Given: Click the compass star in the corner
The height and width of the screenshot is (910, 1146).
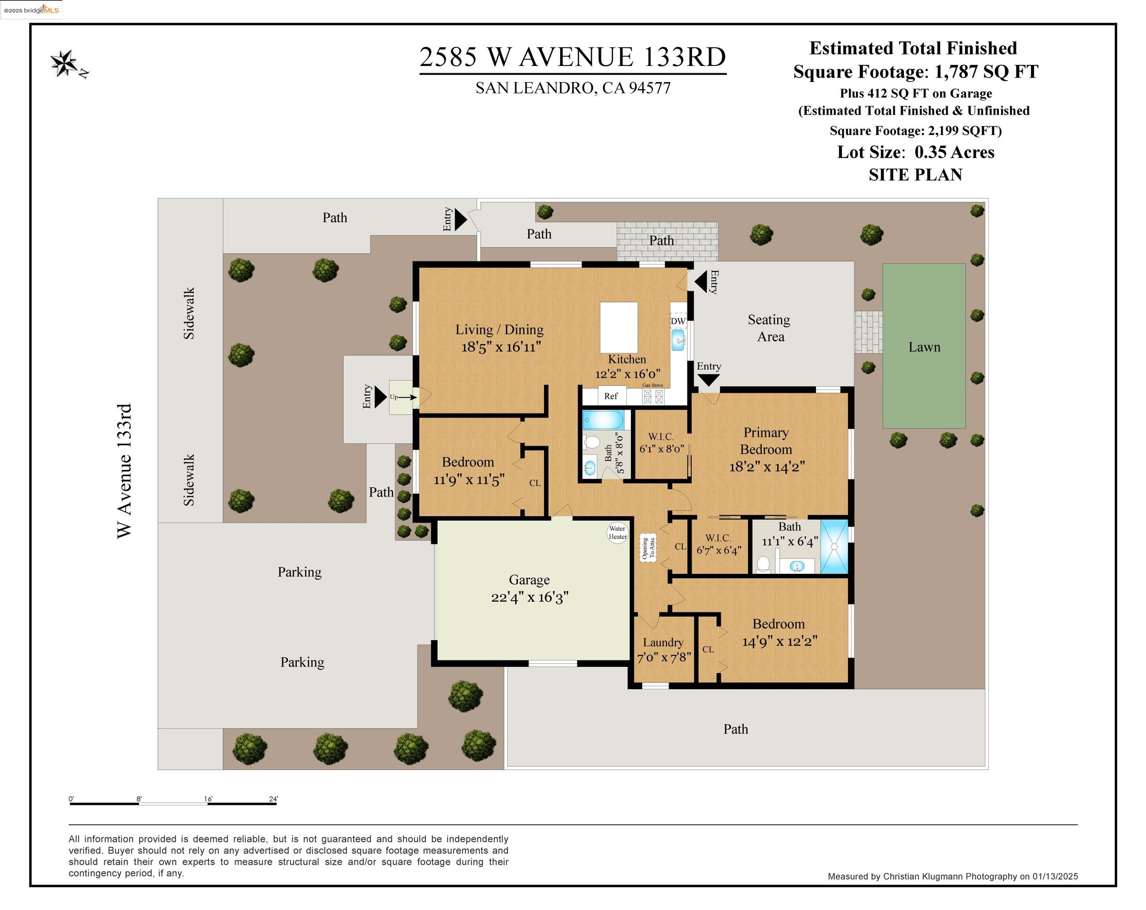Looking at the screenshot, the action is coord(65,63).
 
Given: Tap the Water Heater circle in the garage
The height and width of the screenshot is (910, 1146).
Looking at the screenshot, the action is coord(618,532).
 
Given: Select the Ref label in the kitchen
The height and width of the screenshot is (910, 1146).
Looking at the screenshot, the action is coord(611,396).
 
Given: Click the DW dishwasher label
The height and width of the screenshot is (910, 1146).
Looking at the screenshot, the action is coord(678,322).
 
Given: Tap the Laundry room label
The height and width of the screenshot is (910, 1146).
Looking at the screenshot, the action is coord(663,643).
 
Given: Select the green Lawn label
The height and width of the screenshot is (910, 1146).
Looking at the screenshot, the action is coord(924,347).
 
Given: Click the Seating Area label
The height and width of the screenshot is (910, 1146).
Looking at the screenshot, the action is coord(769,328).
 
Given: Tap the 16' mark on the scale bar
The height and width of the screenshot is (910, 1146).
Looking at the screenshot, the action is coord(208,799).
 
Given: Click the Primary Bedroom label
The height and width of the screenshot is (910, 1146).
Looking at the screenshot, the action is coord(766,441).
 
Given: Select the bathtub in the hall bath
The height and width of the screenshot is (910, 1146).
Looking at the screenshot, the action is coord(603,420).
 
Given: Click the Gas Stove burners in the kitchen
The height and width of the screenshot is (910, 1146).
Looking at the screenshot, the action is coord(653,397).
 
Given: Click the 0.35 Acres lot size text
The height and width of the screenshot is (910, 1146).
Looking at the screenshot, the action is coord(954,152).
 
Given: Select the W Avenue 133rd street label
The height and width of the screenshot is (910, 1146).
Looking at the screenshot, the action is coord(124,471).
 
